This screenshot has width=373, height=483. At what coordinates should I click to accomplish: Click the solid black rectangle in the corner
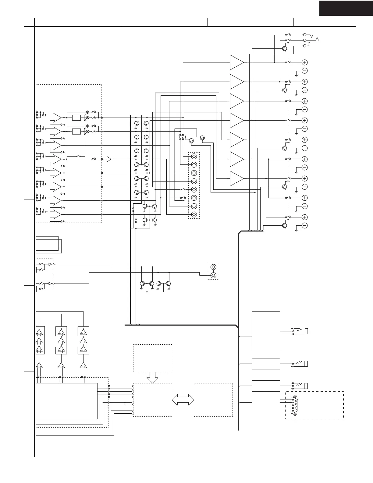pos(346,8)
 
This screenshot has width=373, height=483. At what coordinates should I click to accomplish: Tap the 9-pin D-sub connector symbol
pos(294,405)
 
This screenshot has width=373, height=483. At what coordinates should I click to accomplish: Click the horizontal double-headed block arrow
pos(183,400)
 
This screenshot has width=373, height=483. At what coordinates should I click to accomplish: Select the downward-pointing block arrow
pos(152,378)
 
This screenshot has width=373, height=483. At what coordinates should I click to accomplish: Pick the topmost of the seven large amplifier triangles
pos(236,62)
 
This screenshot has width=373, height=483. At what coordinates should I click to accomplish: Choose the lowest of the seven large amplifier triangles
pos(236,178)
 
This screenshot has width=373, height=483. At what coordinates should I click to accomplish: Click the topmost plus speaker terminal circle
pos(304,62)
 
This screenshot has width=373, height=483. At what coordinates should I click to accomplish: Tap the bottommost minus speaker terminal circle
pos(304,226)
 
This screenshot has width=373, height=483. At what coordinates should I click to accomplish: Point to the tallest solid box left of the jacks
pos(266,330)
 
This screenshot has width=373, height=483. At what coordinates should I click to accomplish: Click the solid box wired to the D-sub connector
pos(266,402)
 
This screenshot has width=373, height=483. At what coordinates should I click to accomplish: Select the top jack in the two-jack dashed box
pos(213,267)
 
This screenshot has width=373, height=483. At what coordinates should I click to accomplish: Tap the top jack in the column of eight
pos(194,157)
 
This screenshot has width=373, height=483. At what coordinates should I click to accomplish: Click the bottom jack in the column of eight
pos(194,215)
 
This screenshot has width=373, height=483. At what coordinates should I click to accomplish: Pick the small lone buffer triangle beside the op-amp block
pos(109,159)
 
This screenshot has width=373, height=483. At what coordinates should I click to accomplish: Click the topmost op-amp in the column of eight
pos(57,117)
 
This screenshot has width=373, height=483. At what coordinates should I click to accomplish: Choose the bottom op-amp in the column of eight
pos(57,214)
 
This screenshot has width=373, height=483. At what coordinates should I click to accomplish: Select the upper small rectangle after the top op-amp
pos(76,118)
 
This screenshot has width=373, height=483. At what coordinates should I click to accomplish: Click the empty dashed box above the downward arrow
pos(152,358)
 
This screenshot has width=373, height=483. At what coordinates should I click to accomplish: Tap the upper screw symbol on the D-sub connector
pos(295,397)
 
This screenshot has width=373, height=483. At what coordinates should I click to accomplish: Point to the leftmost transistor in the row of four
pos(142,284)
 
